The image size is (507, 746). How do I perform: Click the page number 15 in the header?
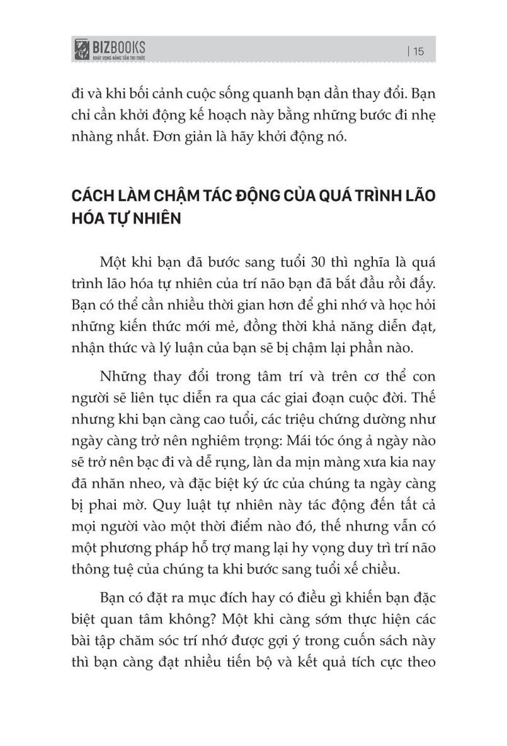[419, 51]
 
